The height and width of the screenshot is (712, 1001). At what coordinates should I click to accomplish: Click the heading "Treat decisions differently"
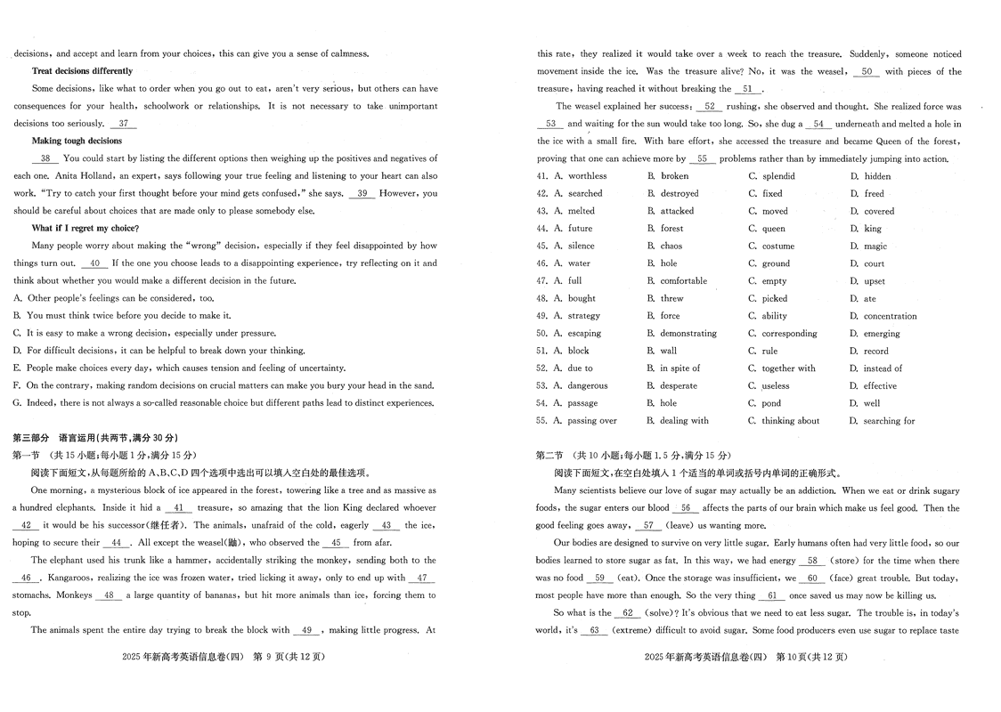(x=82, y=71)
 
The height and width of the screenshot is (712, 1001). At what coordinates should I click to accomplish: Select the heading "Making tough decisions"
(x=77, y=141)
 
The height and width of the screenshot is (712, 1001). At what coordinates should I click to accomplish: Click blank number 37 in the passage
(x=126, y=124)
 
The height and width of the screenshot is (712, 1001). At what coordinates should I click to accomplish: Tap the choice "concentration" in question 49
(x=890, y=316)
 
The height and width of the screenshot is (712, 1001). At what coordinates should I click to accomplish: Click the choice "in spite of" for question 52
(x=680, y=368)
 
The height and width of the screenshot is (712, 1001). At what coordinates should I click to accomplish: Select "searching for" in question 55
(x=889, y=421)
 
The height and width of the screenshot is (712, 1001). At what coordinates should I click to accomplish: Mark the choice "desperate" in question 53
(x=679, y=386)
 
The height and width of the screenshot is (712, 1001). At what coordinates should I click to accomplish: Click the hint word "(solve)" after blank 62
(x=662, y=613)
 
